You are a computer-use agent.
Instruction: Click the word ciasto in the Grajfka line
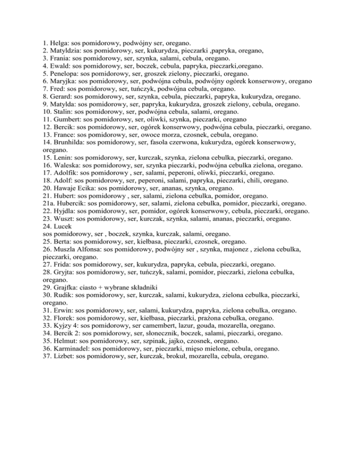point(86,286)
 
